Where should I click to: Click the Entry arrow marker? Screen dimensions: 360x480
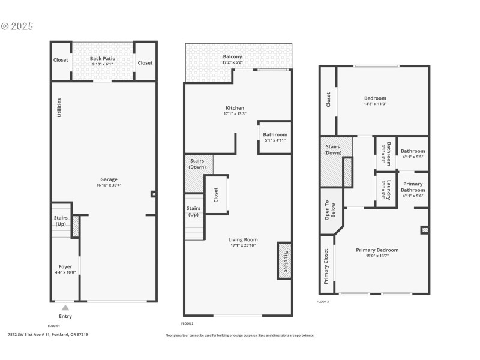[x=65, y=308]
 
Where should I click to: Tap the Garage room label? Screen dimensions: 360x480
[x=109, y=179]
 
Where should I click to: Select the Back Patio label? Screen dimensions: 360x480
[x=103, y=59]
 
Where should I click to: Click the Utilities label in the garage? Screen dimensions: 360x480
[x=59, y=107]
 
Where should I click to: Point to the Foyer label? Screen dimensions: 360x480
[x=65, y=266]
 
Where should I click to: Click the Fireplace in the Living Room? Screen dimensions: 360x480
[x=284, y=260]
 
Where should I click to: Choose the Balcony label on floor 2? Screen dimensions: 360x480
[x=232, y=56]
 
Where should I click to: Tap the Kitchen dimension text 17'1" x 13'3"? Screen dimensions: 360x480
[x=233, y=114]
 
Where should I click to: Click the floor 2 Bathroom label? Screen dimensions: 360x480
[x=275, y=134]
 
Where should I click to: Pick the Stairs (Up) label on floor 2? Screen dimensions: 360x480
[x=193, y=211]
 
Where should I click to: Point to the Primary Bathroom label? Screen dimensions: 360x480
[x=413, y=187]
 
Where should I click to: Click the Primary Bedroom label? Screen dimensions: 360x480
[x=377, y=250]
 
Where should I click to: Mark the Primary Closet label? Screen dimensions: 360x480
[x=326, y=266]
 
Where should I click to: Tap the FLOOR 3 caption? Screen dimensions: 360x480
[x=323, y=302]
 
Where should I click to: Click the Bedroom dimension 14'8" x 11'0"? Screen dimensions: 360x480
[x=375, y=104]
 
